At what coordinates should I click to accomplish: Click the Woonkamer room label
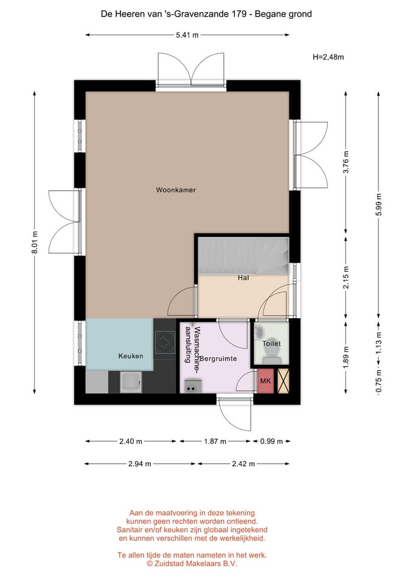point(176,190)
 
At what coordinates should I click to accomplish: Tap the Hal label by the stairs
point(243,278)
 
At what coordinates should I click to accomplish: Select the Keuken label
point(131,356)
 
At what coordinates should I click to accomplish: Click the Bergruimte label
point(218,358)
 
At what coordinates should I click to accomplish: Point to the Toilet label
point(271,343)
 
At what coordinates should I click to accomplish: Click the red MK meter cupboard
point(266,381)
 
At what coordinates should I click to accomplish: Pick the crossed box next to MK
point(283,381)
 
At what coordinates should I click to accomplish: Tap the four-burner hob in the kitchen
point(165,342)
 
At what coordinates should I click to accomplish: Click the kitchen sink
point(131,383)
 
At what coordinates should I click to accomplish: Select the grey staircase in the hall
point(243,257)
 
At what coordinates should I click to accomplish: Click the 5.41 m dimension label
point(187,35)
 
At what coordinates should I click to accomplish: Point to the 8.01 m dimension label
point(35,242)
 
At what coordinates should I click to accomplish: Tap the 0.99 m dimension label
point(271,441)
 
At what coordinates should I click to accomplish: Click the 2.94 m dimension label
point(140,464)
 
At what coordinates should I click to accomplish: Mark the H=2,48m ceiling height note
point(328,57)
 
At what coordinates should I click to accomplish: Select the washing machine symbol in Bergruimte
point(193,386)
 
